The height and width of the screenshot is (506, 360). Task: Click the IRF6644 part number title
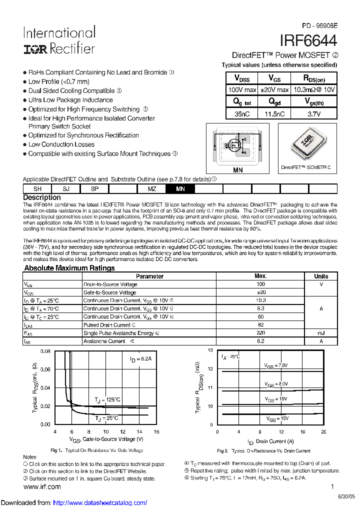(x=309, y=40)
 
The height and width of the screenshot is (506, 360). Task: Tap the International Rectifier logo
(x=59, y=40)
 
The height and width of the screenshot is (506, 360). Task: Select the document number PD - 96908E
(x=319, y=25)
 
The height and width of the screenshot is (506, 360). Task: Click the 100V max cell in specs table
(x=242, y=89)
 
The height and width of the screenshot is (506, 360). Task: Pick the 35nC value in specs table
(x=242, y=113)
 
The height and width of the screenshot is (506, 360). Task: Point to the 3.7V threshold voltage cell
(x=313, y=113)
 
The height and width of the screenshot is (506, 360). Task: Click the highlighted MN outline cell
(x=180, y=189)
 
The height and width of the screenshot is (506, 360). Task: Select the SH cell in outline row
(x=37, y=189)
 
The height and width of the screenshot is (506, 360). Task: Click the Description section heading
(x=42, y=197)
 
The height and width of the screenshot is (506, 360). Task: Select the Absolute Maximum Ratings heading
(x=69, y=268)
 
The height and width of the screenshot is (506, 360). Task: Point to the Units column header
(x=321, y=276)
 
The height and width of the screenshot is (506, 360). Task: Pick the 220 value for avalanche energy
(x=260, y=332)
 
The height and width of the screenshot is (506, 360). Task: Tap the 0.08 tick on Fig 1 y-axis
(x=45, y=351)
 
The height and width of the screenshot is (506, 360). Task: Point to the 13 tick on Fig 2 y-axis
(x=210, y=350)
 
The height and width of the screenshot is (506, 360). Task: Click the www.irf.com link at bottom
(x=42, y=486)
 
